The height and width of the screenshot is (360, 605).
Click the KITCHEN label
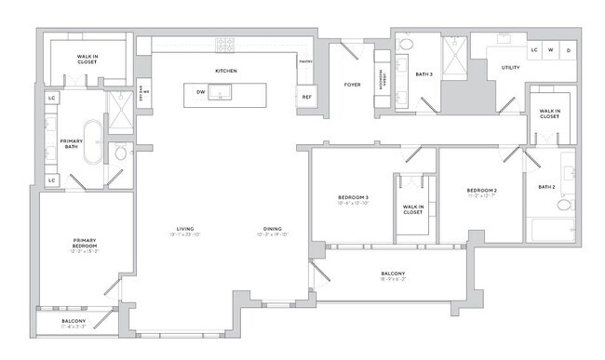[x=226, y=71]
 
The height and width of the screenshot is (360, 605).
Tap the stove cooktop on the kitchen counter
[x=226, y=43]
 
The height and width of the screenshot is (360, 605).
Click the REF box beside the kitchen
[x=305, y=97]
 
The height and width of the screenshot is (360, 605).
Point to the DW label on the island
[x=200, y=91]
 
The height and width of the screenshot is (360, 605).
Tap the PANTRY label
[x=305, y=62]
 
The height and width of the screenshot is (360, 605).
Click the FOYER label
[x=352, y=85]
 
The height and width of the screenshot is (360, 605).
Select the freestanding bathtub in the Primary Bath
[x=93, y=142]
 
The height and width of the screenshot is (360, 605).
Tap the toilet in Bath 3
[x=406, y=45]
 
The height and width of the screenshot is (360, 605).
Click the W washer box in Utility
[x=551, y=49]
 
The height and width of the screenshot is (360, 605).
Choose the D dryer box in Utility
[x=569, y=49]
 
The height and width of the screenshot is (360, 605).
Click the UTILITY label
[x=510, y=68]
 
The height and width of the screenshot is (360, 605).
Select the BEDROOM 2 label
[x=483, y=190]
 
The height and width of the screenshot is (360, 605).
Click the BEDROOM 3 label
[x=353, y=197]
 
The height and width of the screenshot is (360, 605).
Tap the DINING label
[x=272, y=229]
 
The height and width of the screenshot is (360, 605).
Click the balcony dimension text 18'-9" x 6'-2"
[x=392, y=280]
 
